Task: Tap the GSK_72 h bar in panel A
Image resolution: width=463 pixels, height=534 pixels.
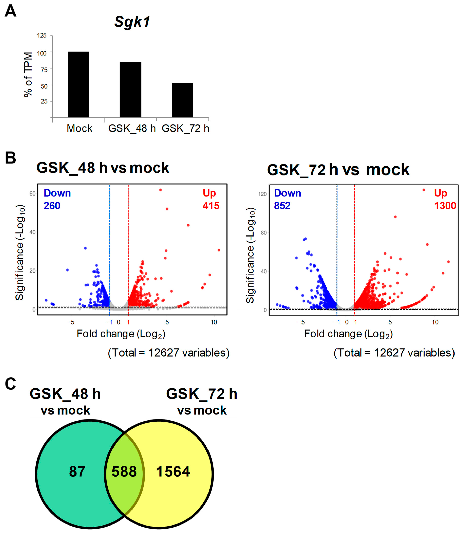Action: (182, 100)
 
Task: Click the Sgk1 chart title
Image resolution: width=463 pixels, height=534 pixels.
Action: (132, 21)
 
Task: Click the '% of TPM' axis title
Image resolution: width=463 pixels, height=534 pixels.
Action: (28, 74)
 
